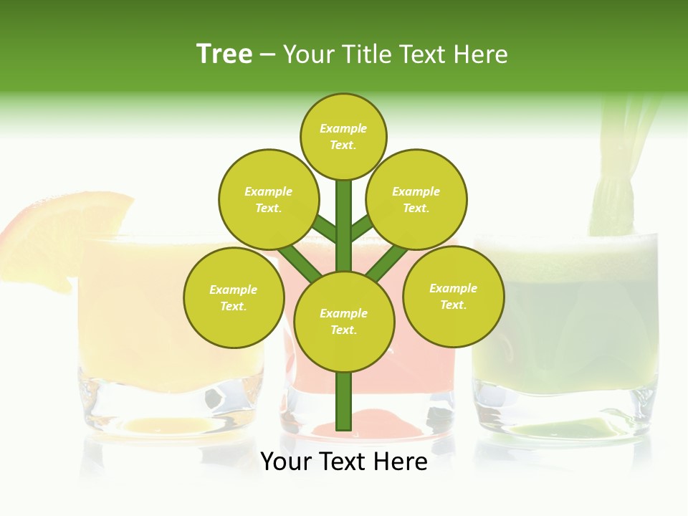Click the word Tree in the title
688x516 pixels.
click(x=224, y=54)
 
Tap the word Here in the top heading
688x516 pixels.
click(x=481, y=54)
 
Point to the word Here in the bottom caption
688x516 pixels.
click(x=399, y=462)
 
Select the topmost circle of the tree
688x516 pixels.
click(x=343, y=136)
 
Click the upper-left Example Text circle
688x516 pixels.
click(x=269, y=199)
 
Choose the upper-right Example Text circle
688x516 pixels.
click(x=416, y=199)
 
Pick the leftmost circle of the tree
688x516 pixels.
click(x=233, y=297)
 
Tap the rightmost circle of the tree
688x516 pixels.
click(x=453, y=296)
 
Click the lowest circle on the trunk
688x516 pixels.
click(x=344, y=321)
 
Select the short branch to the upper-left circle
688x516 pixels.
click(x=325, y=229)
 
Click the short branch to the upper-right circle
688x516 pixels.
click(x=362, y=227)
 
